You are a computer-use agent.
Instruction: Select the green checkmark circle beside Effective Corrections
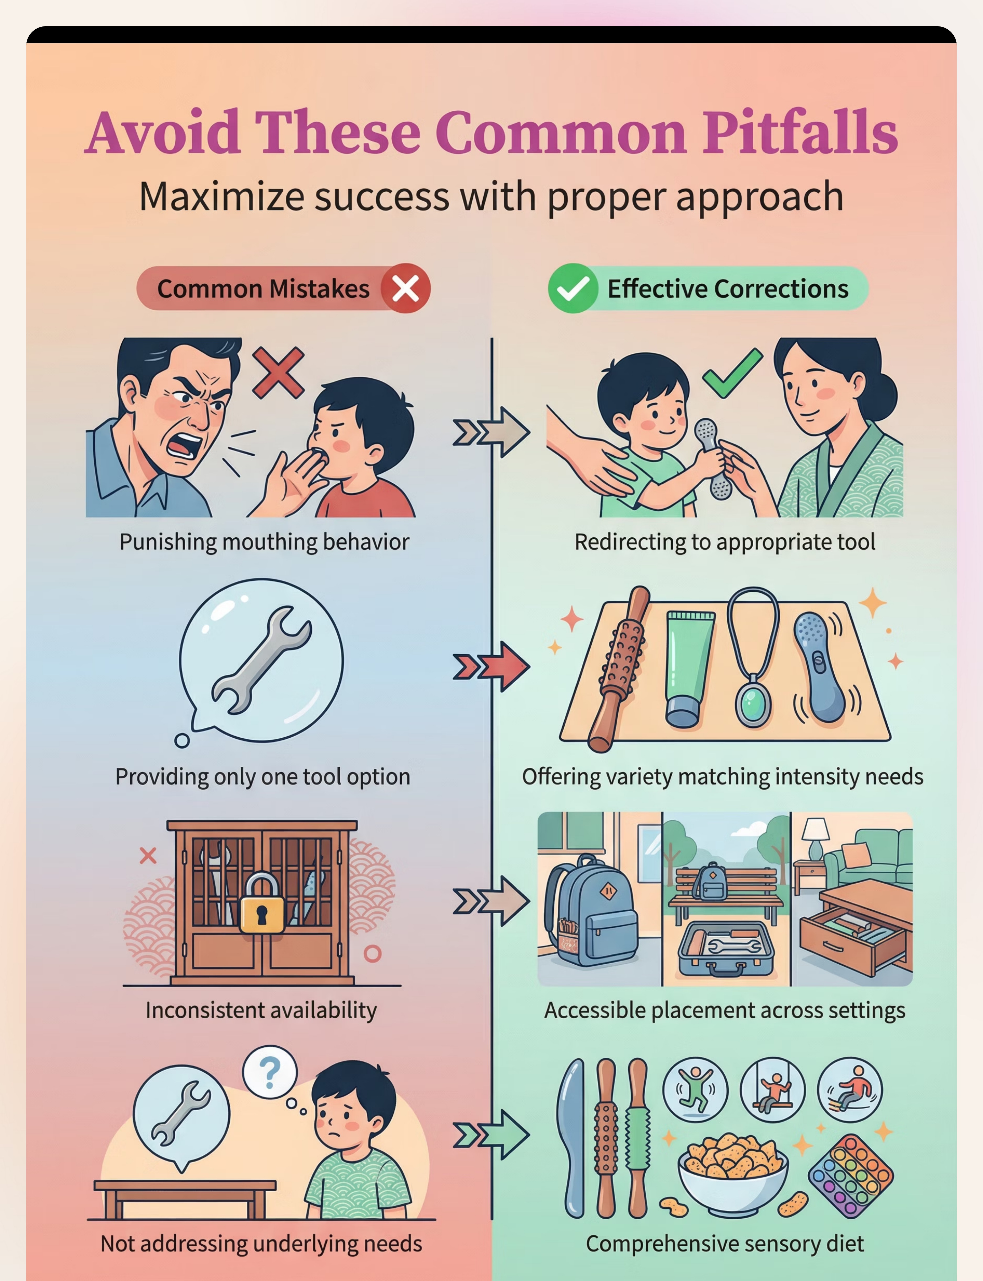[573, 288]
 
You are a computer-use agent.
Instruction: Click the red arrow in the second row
[491, 667]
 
